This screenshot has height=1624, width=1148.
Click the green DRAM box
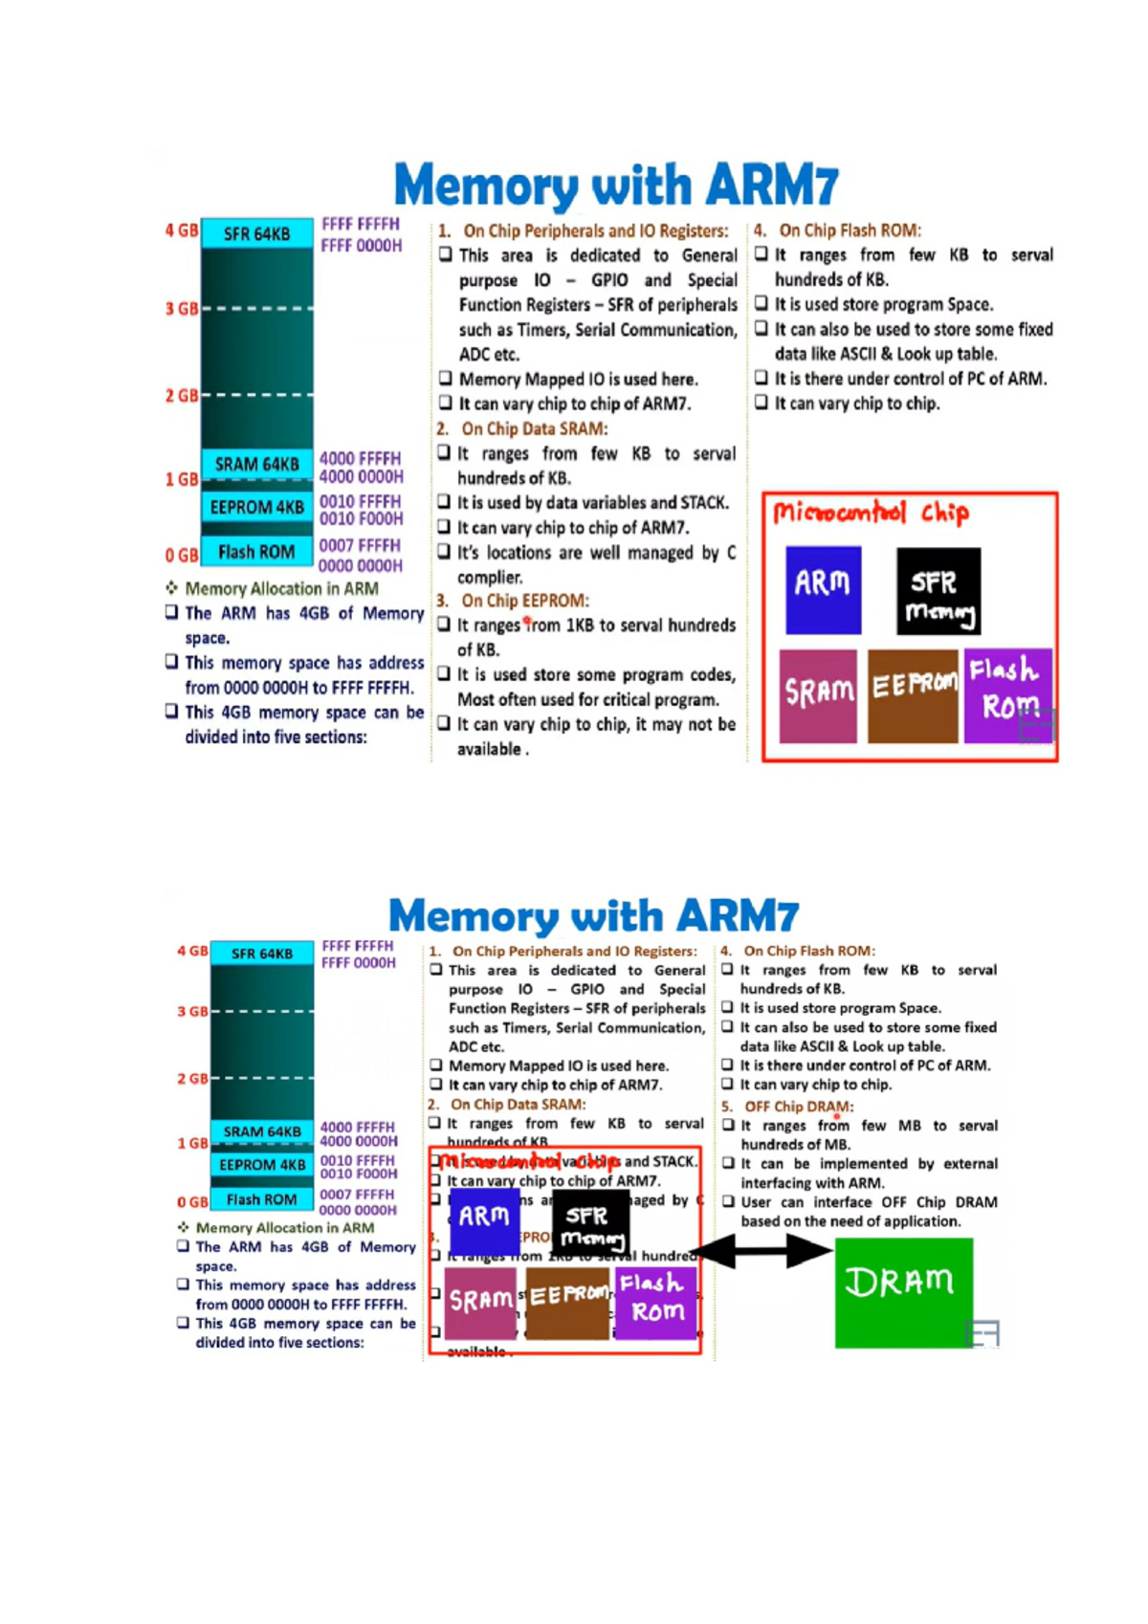[903, 1291]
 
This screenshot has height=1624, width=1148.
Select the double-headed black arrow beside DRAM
[762, 1250]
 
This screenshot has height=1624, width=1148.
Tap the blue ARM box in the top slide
[823, 589]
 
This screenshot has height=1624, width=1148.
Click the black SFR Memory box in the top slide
[938, 590]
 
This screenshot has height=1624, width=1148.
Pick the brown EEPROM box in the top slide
[913, 694]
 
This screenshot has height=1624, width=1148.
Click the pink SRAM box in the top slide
[818, 694]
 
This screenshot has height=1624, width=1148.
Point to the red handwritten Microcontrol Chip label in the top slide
[871, 514]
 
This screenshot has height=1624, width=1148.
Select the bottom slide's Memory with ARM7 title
[593, 915]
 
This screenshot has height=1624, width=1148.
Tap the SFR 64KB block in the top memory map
[256, 233]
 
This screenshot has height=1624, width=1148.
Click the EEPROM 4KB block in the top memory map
[256, 507]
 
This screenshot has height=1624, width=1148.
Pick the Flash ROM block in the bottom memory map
[261, 1199]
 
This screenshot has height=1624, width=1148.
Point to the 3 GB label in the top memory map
[181, 309]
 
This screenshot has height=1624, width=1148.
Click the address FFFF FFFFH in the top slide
[361, 225]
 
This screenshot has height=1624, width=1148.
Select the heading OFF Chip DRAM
[798, 1106]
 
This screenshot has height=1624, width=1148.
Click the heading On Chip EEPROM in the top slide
[524, 601]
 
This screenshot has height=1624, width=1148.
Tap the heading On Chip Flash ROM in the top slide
[849, 230]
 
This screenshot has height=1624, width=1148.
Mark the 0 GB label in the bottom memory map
[191, 1202]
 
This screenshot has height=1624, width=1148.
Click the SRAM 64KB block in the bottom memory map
[261, 1131]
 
